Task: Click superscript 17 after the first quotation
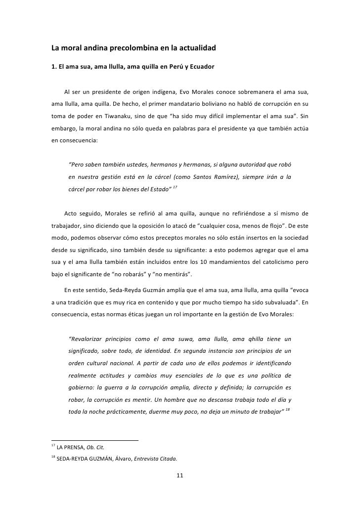tap(175, 188)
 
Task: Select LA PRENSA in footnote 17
tap(71, 448)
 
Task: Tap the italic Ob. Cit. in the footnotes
tap(95, 448)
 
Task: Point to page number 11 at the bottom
tap(180, 476)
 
